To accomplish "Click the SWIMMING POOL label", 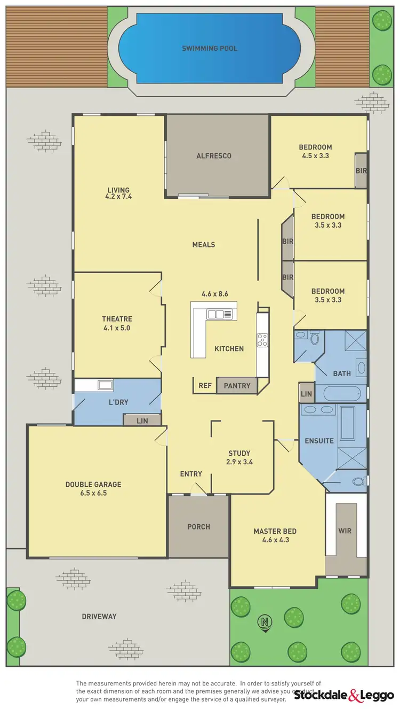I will pos(210,49).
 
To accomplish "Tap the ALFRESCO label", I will pos(214,156).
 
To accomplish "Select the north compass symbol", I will pos(263,622).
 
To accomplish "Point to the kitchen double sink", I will pos(220,314).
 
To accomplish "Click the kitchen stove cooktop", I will pos(262,340).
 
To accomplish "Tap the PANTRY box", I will pos(237,385).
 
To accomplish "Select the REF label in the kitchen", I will pos(205,385).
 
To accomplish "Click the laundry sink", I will pos(105,385).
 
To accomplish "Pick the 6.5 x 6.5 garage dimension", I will pos(93,493).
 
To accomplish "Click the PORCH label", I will pos(198,527).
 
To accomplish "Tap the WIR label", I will pos(345,532).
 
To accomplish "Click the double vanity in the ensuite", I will pos(318,410).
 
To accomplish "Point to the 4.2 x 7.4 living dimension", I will pos(118,197).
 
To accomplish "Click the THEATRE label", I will pos(117,319).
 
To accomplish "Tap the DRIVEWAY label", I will pos(99,616).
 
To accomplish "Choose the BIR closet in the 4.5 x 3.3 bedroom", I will pos(361,171).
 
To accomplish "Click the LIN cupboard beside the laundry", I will pos(142,421).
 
